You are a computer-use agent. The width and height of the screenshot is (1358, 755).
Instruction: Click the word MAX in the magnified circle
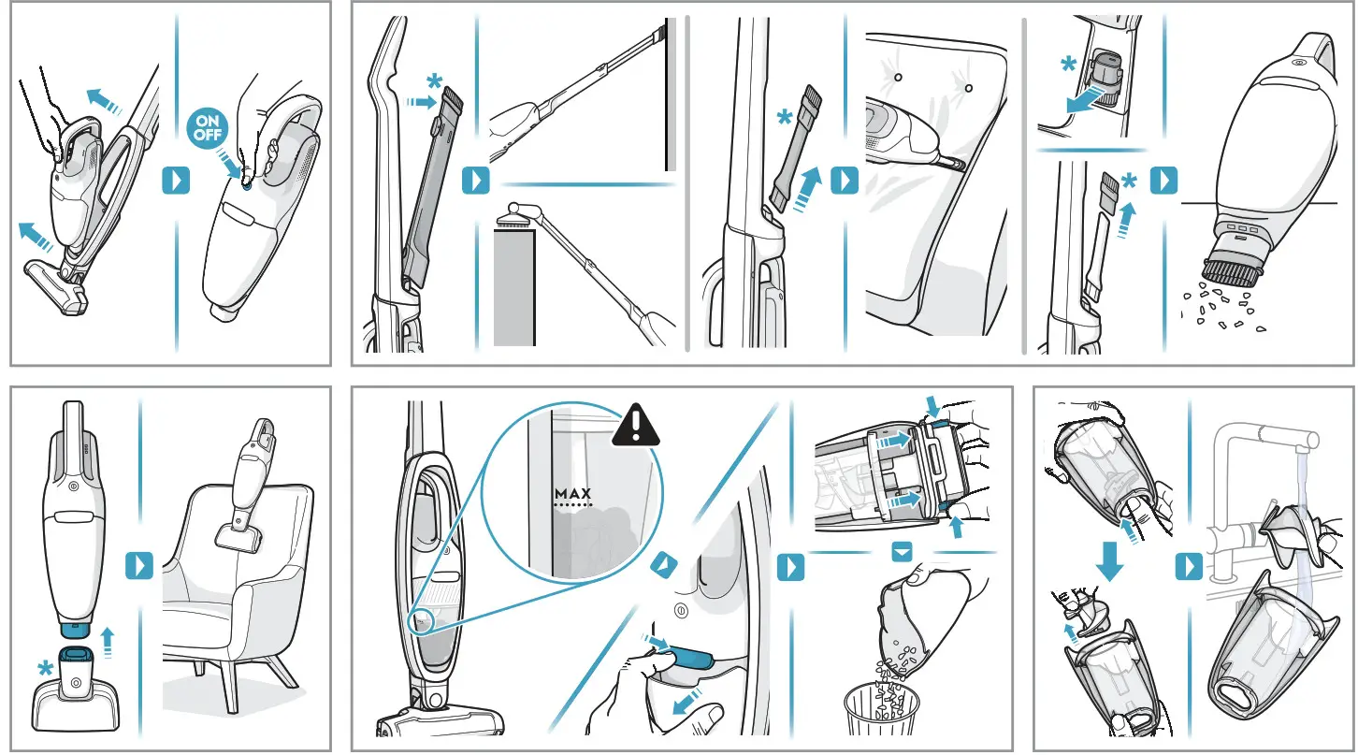pos(574,493)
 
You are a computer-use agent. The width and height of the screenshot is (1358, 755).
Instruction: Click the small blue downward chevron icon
pos(902,553)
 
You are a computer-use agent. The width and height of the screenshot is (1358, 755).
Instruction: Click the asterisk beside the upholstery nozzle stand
pos(42,669)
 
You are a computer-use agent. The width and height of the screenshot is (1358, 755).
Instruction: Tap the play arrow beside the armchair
pos(138,566)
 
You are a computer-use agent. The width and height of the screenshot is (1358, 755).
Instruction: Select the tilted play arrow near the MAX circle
pos(663,563)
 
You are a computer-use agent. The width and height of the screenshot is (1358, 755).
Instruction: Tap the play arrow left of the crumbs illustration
pos(1163,181)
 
